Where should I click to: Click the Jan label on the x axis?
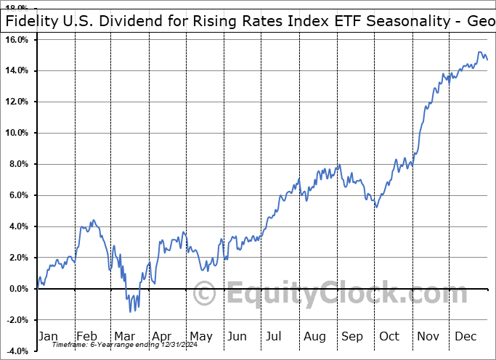click(x=49, y=337)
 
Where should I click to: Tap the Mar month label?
click(x=125, y=337)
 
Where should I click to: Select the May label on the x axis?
click(x=200, y=337)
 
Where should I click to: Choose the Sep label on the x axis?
click(x=352, y=337)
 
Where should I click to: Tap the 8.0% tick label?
click(x=18, y=164)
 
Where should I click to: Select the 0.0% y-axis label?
click(x=18, y=289)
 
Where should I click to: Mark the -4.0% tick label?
click(x=17, y=351)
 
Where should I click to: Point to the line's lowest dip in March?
click(x=131, y=311)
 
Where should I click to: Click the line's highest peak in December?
click(x=479, y=52)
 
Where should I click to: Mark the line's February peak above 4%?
click(x=92, y=220)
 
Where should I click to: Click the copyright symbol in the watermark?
click(x=206, y=295)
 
